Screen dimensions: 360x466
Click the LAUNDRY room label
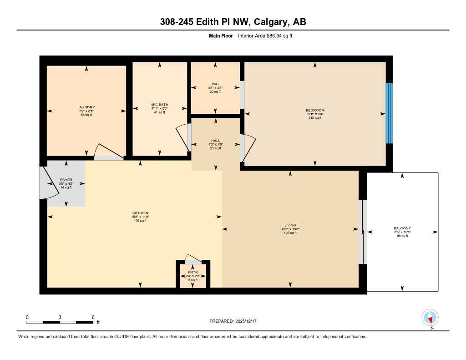[86, 107]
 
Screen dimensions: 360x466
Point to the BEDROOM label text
[315, 110]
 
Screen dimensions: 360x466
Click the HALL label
[216, 141]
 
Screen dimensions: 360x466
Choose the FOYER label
[66, 180]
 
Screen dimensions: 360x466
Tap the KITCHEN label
[140, 213]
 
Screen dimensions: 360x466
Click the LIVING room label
[290, 225]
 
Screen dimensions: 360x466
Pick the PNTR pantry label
[193, 273]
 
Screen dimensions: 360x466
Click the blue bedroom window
[389, 113]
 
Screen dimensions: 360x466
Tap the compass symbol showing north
[430, 317]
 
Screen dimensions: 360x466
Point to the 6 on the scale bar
[93, 317]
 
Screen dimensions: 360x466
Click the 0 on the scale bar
[27, 317]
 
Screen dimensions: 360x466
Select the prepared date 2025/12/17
[248, 321]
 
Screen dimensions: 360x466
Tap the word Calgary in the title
[270, 22]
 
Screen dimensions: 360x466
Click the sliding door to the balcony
[362, 232]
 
